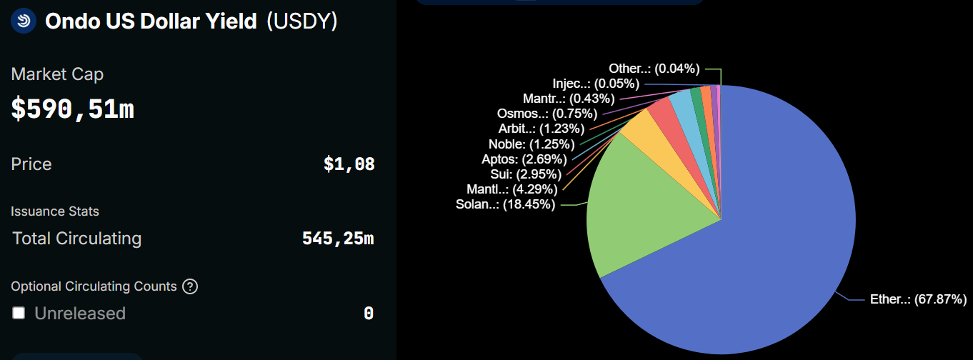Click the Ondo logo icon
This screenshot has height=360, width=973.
click(24, 21)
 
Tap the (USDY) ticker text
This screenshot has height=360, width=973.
click(301, 21)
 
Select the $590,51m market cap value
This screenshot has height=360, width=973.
click(73, 109)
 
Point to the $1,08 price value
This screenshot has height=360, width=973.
click(349, 164)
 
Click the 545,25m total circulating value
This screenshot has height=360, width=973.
click(338, 239)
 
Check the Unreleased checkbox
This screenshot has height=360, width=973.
click(19, 313)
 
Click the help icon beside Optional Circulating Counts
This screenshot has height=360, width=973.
click(189, 286)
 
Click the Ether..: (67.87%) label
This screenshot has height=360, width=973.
click(918, 299)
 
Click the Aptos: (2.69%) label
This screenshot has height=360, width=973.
click(524, 159)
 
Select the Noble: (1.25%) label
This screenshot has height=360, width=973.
click(532, 144)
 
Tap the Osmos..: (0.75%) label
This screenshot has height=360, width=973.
click(537, 113)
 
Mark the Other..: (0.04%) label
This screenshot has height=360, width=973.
click(654, 69)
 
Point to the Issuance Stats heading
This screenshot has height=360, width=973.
click(55, 211)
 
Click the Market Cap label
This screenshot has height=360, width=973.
click(57, 74)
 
